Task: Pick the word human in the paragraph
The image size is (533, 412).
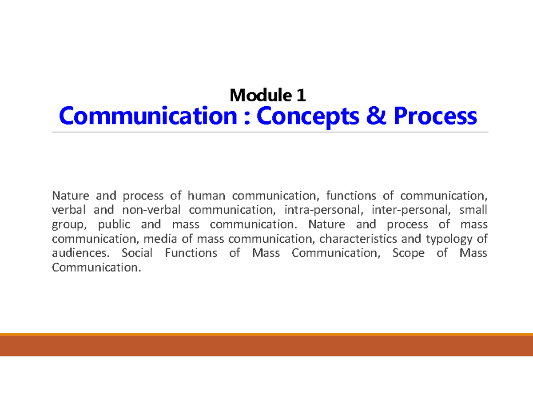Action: point(206,196)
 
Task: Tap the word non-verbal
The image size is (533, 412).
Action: point(152,210)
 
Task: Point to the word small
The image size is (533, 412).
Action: point(473,210)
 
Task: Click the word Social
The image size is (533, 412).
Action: point(137,253)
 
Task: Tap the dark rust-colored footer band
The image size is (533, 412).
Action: point(266,346)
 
